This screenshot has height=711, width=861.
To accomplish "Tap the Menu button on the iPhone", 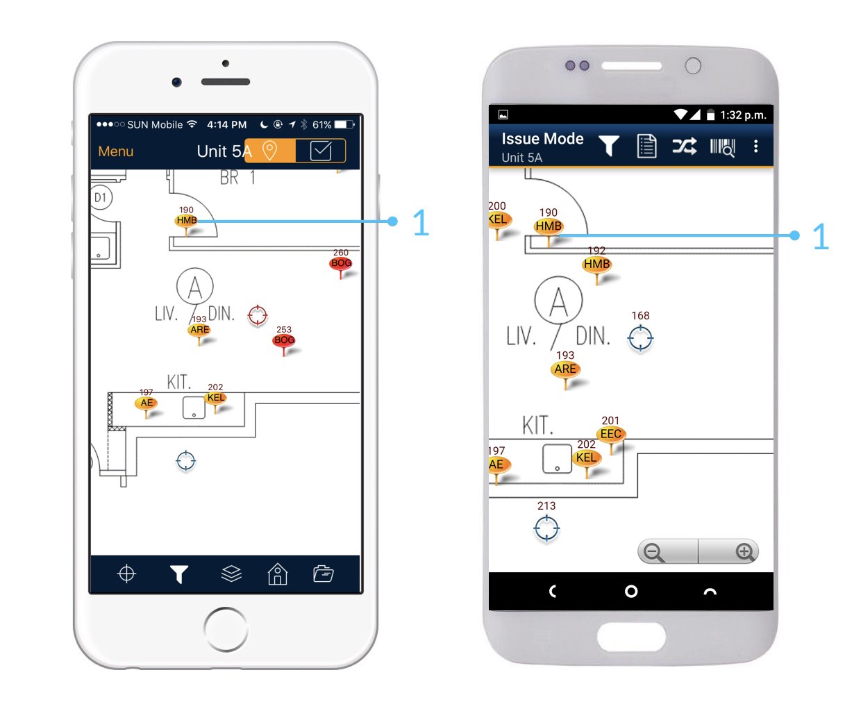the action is pos(115,151).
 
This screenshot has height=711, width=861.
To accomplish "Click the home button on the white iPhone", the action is pos(226,629).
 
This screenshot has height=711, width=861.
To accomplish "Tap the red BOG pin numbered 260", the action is pos(341,263).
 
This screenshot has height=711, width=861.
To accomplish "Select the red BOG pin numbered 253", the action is pos(284,340).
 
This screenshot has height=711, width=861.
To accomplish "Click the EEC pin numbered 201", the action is pos(611,434).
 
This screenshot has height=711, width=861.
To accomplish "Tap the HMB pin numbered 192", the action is pos(596,264).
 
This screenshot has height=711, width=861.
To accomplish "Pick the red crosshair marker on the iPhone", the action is pos(258,315).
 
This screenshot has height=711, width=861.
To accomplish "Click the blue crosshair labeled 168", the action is pos(640,338).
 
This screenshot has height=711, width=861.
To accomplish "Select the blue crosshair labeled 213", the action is pos(546,528).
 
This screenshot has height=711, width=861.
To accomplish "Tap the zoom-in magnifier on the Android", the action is pos(745,552).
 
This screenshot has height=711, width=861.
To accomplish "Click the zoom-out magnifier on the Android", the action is pos(653,553).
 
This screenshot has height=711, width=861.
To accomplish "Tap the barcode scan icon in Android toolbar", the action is pos(722,147).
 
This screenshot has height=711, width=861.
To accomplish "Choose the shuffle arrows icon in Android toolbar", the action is pos(685,147).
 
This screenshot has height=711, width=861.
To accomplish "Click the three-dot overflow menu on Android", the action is pos(755,147).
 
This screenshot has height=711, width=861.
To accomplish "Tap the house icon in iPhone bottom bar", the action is pos(278,574).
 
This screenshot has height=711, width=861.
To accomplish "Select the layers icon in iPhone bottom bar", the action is pos(231,574).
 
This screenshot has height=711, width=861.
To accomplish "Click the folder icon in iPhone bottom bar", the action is pos(324,574).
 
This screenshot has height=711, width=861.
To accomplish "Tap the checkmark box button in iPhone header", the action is pos(320,151).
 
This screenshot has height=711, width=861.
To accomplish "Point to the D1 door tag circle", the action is pos(101,197).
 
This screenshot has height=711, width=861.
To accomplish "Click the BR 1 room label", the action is pos(237,178).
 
